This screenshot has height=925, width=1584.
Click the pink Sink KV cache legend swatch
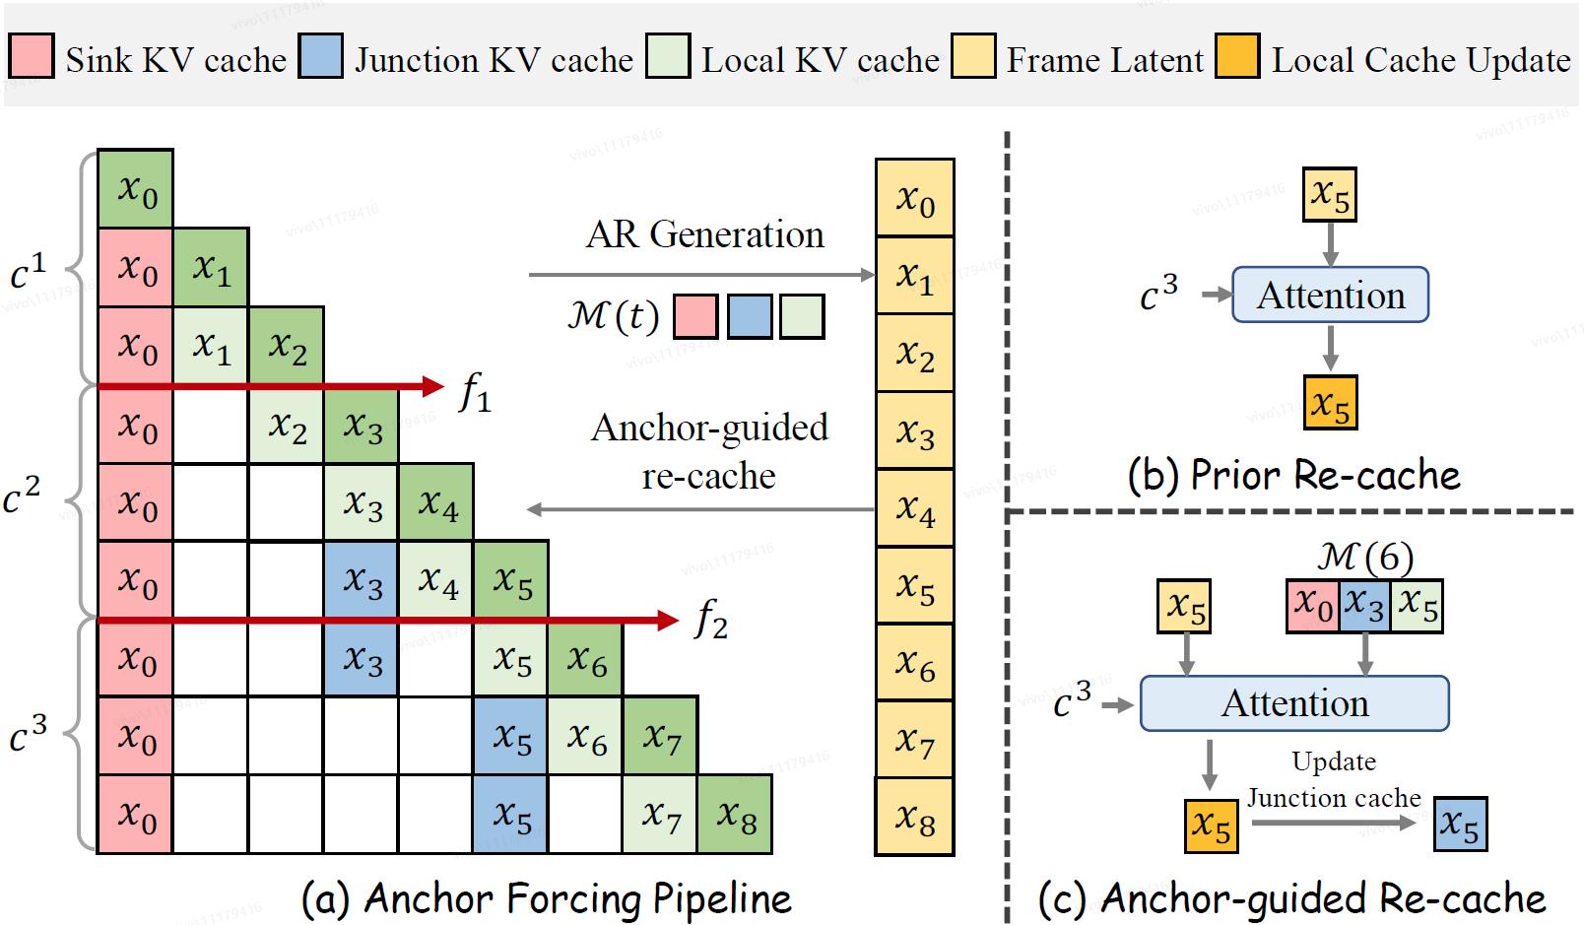click(31, 56)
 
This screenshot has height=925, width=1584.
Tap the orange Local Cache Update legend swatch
click(1237, 56)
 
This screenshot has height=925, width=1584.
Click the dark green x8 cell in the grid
click(735, 814)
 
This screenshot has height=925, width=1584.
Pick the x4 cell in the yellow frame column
click(915, 508)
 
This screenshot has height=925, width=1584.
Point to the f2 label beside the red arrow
click(710, 621)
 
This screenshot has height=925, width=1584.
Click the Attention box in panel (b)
click(1330, 295)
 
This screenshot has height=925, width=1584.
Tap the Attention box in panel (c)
click(1294, 703)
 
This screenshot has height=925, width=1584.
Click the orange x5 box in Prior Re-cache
click(1330, 402)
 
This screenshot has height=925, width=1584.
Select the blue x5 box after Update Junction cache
click(1460, 825)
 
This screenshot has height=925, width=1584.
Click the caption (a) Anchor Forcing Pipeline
click(547, 898)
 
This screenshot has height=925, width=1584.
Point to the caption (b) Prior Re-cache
click(1293, 475)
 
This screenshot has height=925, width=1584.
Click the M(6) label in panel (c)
click(1364, 559)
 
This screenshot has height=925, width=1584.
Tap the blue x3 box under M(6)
click(1364, 605)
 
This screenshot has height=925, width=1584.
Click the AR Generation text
click(704, 234)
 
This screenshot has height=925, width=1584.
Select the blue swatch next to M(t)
click(749, 317)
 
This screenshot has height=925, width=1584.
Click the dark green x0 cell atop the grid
click(136, 188)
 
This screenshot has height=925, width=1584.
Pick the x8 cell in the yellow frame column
click(915, 817)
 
